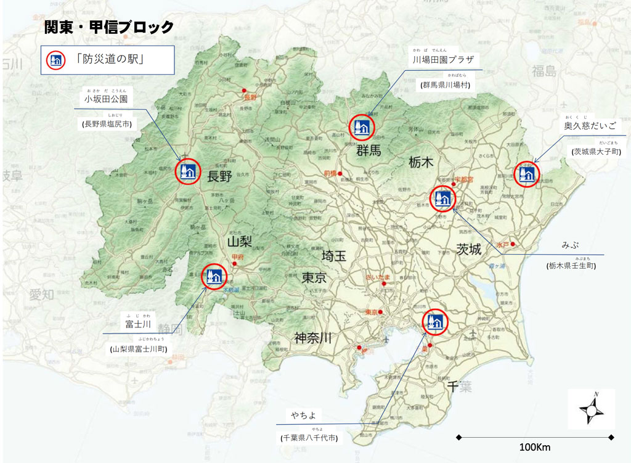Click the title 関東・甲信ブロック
click(x=108, y=28)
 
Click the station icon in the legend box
click(x=55, y=60)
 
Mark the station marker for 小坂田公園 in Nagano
click(x=187, y=171)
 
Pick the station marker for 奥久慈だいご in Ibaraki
click(x=527, y=174)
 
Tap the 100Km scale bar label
click(x=535, y=446)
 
